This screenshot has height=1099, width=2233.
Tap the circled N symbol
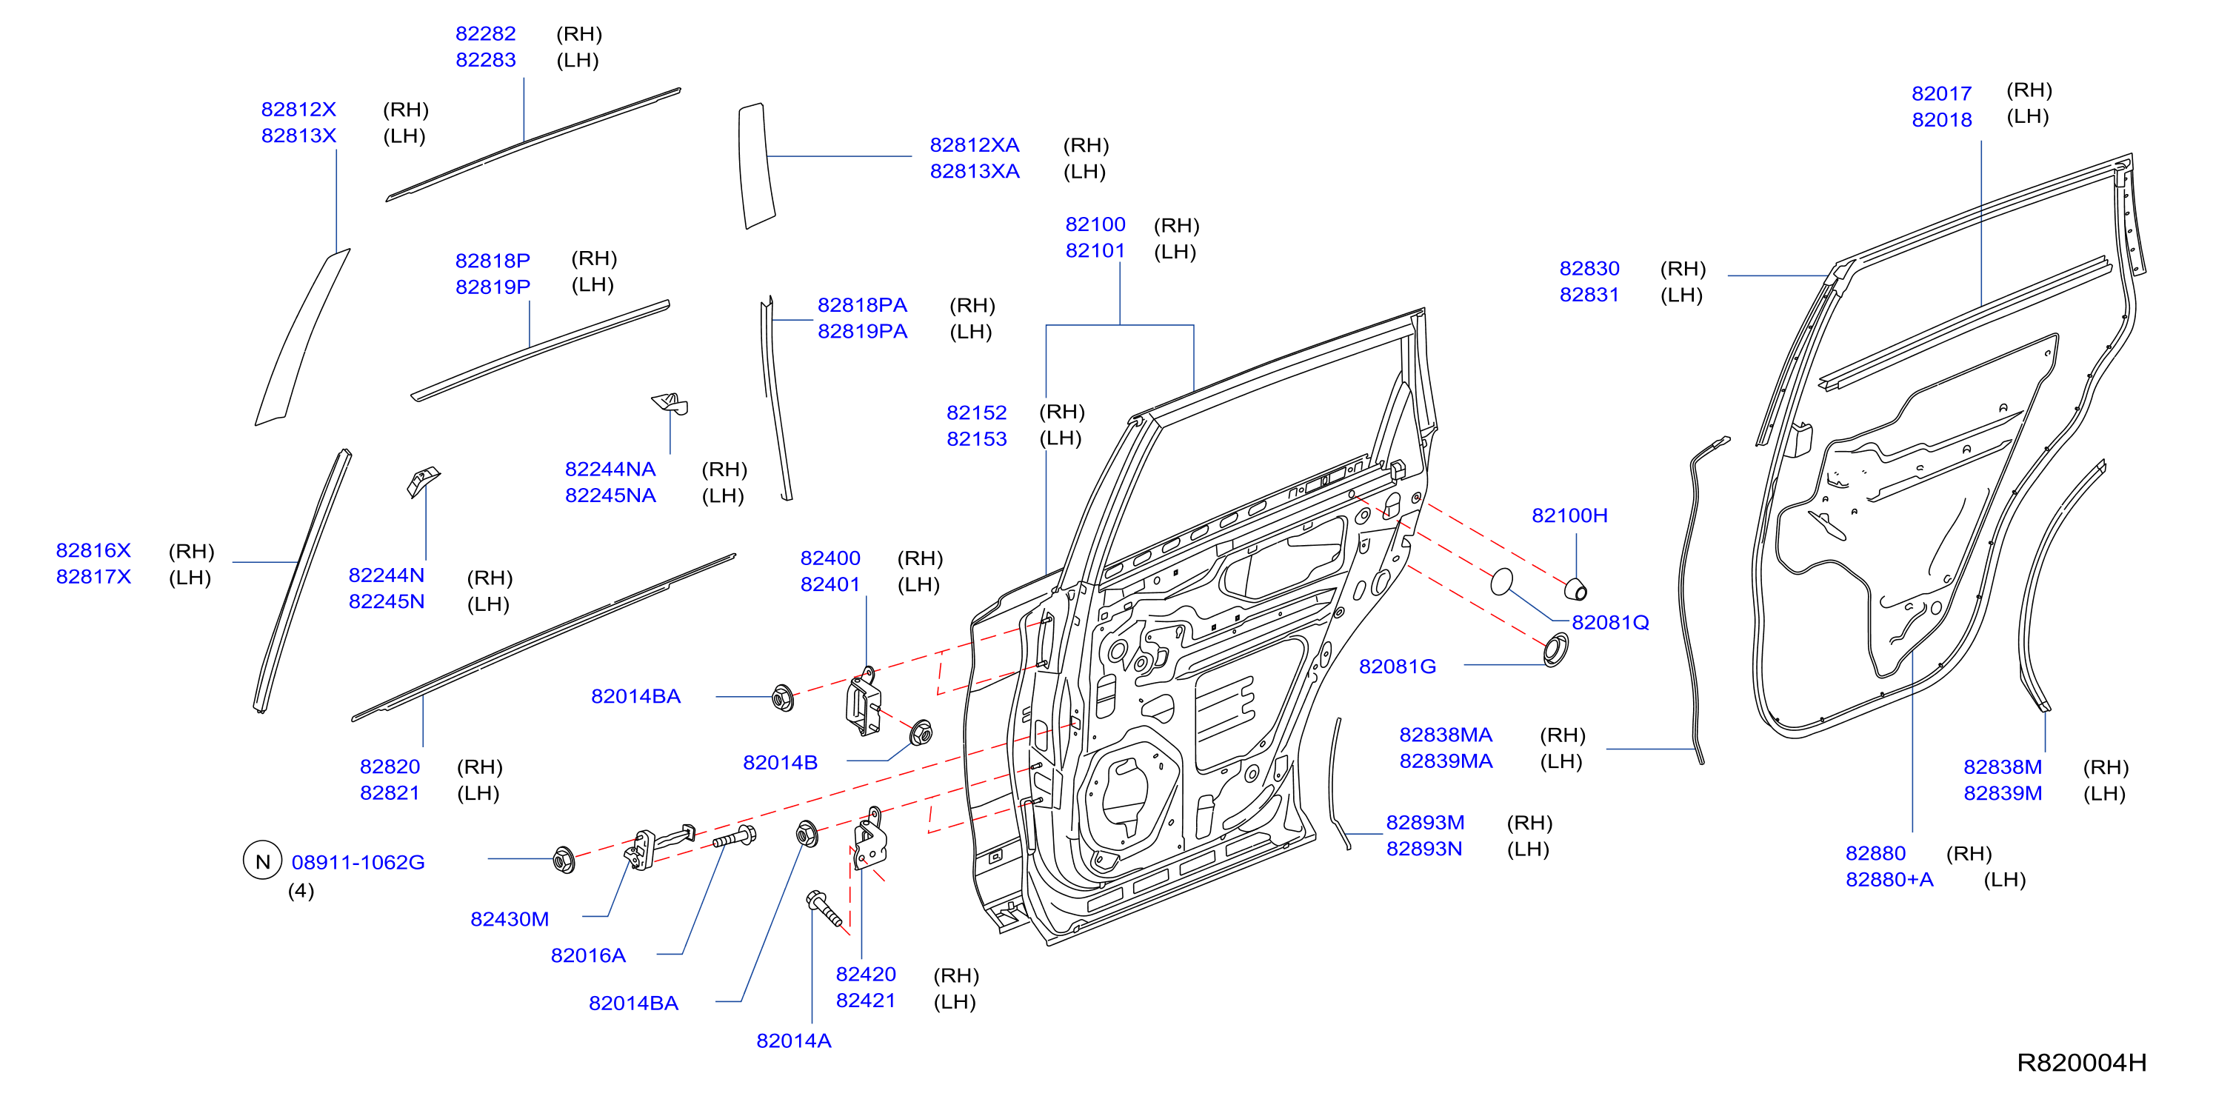click(263, 861)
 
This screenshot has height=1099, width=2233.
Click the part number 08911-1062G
click(358, 862)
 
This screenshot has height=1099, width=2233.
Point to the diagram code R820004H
click(2081, 1063)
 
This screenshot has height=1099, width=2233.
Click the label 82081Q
click(1611, 622)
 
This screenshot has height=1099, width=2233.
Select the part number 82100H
click(1570, 515)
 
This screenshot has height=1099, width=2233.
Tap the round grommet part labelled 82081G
click(1556, 650)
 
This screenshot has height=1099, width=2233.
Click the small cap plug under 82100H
click(1576, 589)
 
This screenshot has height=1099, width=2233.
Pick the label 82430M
click(510, 919)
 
